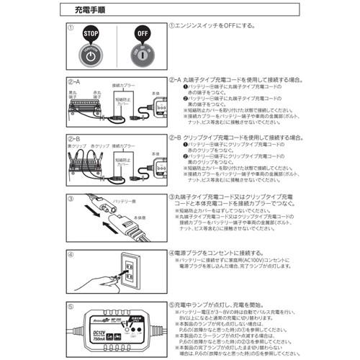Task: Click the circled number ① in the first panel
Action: point(71,28)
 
